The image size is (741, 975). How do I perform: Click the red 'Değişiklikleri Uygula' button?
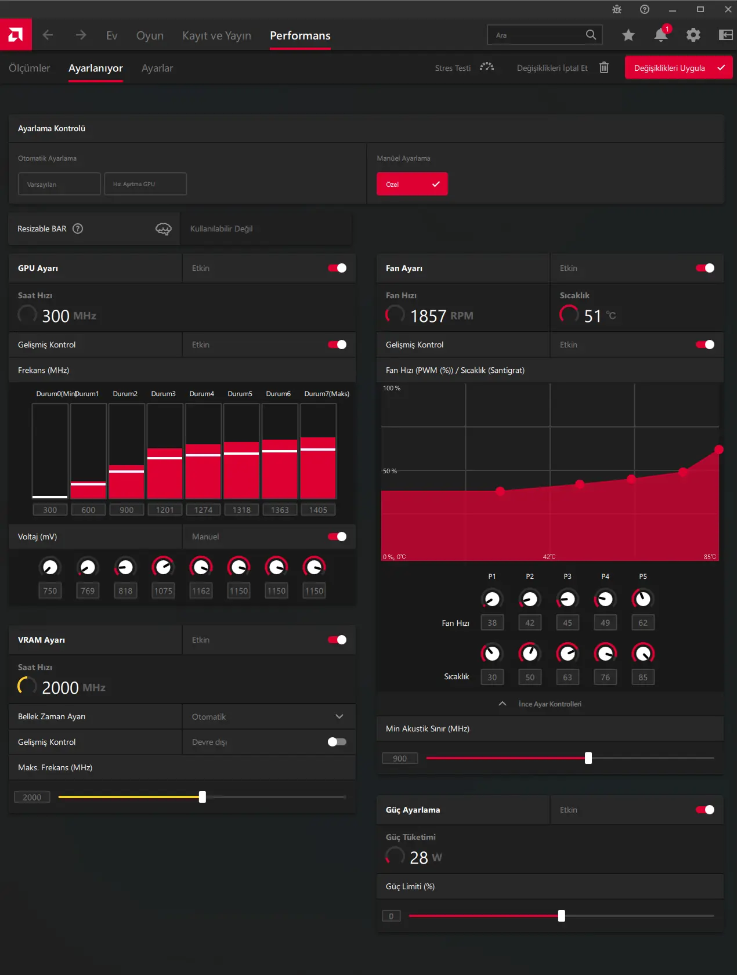[x=678, y=68]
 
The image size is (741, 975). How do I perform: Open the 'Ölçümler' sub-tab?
[x=30, y=68]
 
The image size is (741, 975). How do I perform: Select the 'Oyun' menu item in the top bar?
[x=150, y=35]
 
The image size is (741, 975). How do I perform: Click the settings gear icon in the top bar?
[x=693, y=35]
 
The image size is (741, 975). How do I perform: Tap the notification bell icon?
[x=661, y=35]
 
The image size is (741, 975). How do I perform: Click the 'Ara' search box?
[x=544, y=35]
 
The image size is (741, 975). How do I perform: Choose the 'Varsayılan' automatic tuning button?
[x=59, y=184]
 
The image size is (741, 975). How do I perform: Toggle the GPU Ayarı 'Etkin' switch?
[x=337, y=268]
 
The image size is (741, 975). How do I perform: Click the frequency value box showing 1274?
[x=203, y=510]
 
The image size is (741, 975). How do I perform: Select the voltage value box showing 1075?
[x=164, y=591]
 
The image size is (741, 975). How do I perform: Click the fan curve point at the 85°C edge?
[x=719, y=450]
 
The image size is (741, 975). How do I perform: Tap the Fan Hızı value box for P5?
[x=643, y=623]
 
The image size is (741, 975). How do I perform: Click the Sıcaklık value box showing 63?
[x=568, y=677]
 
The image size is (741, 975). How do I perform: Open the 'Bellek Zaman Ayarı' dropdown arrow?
[x=339, y=716]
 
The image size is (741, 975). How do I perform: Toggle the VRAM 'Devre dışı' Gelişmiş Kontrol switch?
[x=337, y=742]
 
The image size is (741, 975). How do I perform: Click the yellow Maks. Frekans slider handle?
[x=203, y=797]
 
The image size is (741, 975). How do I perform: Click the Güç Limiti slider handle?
[x=562, y=916]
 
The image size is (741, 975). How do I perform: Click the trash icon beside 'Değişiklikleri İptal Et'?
[x=604, y=67]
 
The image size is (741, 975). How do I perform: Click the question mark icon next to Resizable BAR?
[x=78, y=229]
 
